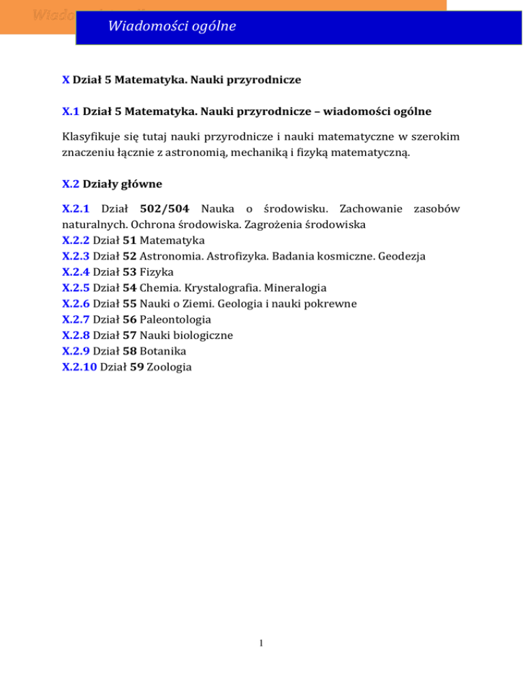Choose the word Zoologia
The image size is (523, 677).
click(x=170, y=366)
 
